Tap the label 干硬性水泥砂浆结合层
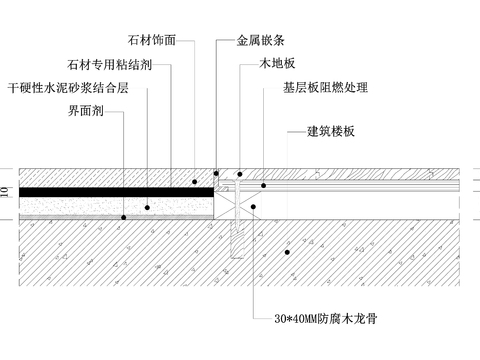68,88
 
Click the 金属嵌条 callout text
258,43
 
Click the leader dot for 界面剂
122,217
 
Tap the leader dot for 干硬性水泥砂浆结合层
147,207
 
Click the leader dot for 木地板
240,172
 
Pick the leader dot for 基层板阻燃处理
263,185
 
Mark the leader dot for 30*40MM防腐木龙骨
254,207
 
